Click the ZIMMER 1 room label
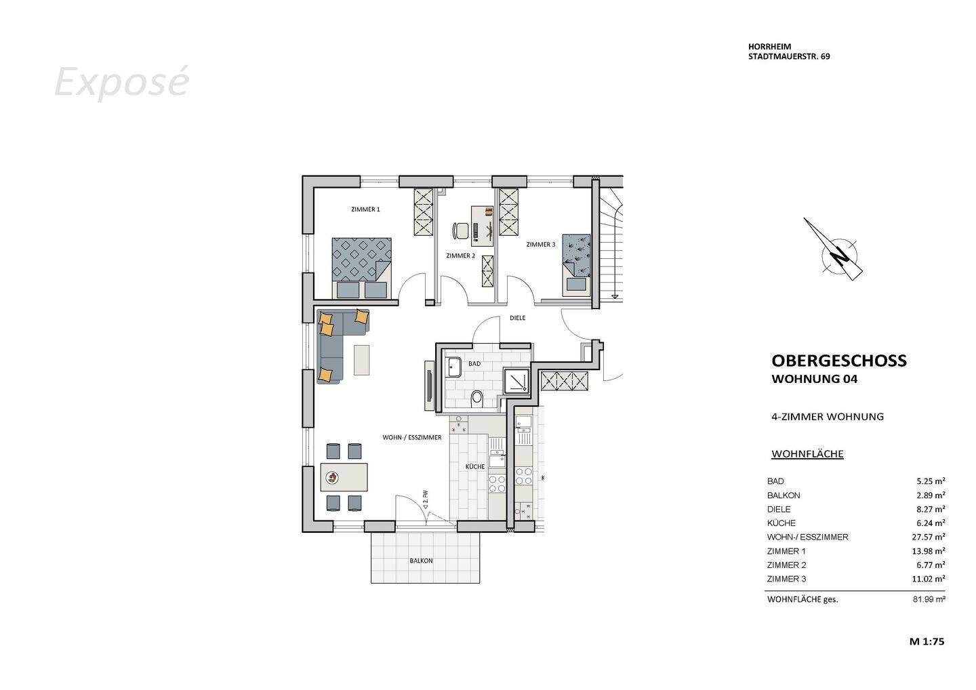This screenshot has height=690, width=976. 365,209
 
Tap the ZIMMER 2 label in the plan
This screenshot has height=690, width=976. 460,256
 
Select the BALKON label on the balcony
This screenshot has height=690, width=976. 420,561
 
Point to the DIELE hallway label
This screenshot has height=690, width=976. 517,317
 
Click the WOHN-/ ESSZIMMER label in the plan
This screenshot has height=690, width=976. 411,438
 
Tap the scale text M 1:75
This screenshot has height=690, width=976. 927,641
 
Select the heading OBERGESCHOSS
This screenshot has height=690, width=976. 838,361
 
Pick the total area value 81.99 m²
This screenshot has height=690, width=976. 929,599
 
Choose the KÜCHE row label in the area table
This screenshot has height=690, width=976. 781,523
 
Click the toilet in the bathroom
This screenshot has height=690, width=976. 477,398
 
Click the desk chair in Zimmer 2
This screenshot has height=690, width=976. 461,230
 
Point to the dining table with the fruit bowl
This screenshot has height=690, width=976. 344,477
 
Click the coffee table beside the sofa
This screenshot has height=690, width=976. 362,360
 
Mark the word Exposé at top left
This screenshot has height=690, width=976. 121,82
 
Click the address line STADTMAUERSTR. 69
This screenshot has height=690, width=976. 788,57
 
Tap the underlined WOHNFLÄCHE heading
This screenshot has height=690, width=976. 807,454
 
